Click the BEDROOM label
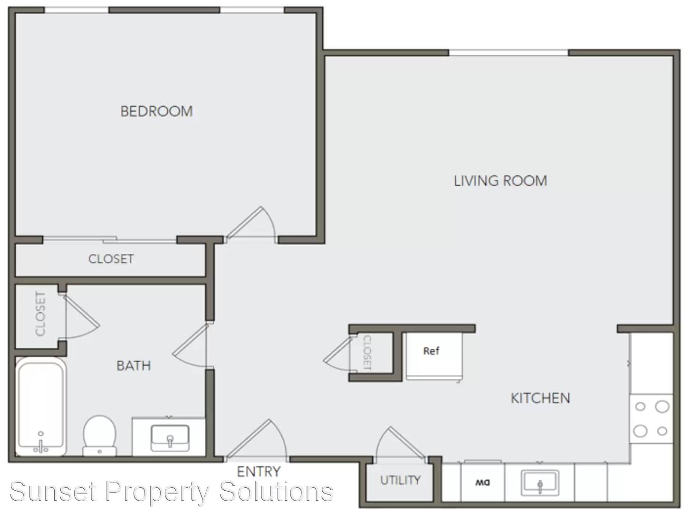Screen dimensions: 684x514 (x=156, y=111)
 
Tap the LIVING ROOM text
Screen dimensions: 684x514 (x=500, y=181)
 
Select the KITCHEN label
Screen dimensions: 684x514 (x=540, y=398)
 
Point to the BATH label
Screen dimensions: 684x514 (x=134, y=366)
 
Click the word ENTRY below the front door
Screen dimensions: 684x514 (x=259, y=472)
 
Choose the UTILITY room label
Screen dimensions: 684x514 (x=400, y=480)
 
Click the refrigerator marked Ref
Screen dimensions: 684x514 (x=434, y=356)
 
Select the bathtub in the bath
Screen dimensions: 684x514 (x=40, y=406)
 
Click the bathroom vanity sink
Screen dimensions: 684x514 (x=170, y=438)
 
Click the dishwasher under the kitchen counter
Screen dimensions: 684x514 (x=482, y=482)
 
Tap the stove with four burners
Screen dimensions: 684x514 (x=651, y=418)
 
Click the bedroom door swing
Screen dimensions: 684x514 (x=251, y=225)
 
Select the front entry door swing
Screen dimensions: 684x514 (x=257, y=440)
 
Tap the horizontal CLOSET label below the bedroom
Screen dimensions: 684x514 (x=111, y=259)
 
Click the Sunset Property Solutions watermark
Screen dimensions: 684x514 (x=171, y=492)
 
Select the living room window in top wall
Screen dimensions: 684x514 (x=509, y=52)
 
